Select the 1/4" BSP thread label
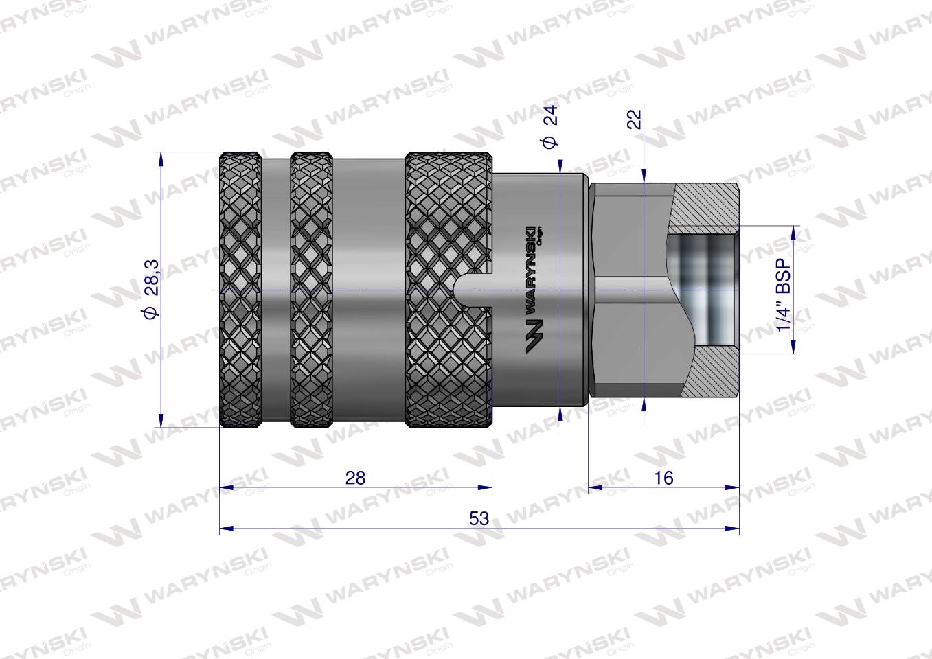tap(784, 290)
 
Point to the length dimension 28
tap(355, 478)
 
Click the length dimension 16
tap(664, 478)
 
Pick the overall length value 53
tap(479, 519)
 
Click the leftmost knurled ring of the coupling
tap(240, 290)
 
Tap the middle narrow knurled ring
tap(311, 290)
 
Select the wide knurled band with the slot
tap(440, 227)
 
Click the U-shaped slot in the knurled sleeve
tap(474, 290)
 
